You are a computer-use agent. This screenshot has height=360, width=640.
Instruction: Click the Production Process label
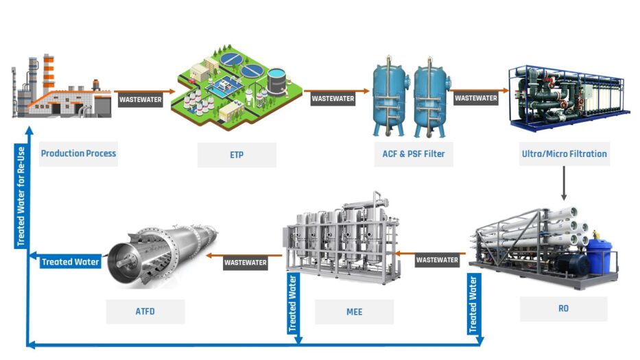tap(78, 154)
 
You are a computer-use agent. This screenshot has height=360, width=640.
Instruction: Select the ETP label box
tap(237, 155)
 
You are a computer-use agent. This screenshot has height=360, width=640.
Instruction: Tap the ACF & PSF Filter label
tap(413, 154)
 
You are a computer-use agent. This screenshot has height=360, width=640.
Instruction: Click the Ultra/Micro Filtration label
tap(563, 154)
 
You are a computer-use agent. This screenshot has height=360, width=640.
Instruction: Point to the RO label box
tap(563, 309)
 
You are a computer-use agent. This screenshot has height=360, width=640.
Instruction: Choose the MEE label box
tap(354, 312)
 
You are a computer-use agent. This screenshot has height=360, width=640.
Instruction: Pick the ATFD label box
tap(145, 312)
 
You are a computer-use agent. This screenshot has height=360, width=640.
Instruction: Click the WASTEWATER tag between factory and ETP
tap(141, 99)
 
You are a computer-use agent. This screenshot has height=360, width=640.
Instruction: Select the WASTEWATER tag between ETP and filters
tap(333, 99)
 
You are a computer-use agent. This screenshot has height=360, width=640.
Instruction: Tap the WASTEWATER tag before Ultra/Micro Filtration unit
tap(476, 98)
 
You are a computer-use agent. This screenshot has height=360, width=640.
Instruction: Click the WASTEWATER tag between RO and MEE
tap(437, 260)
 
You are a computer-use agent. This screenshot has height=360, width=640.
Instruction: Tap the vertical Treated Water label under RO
tap(473, 303)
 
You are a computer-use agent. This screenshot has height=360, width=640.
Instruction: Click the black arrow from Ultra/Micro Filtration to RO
tap(563, 182)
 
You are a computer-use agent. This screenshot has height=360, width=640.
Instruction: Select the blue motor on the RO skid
tap(600, 256)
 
